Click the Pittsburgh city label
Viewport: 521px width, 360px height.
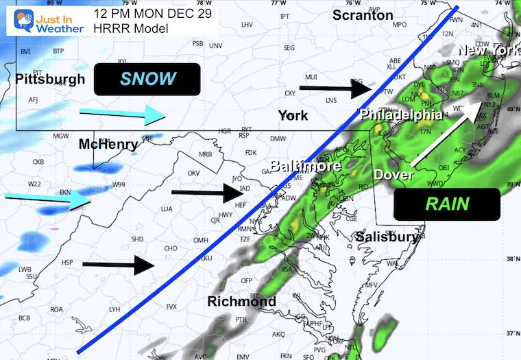tap(50, 79)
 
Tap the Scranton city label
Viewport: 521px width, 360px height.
tap(363, 15)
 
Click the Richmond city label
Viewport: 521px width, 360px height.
tap(241, 301)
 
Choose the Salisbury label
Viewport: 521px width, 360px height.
tap(387, 237)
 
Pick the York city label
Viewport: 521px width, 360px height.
tap(293, 116)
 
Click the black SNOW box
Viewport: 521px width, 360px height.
tap(148, 79)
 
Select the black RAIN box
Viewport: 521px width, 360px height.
tap(446, 203)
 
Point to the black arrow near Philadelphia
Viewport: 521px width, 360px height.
tap(335, 87)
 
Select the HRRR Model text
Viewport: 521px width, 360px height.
tap(128, 28)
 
